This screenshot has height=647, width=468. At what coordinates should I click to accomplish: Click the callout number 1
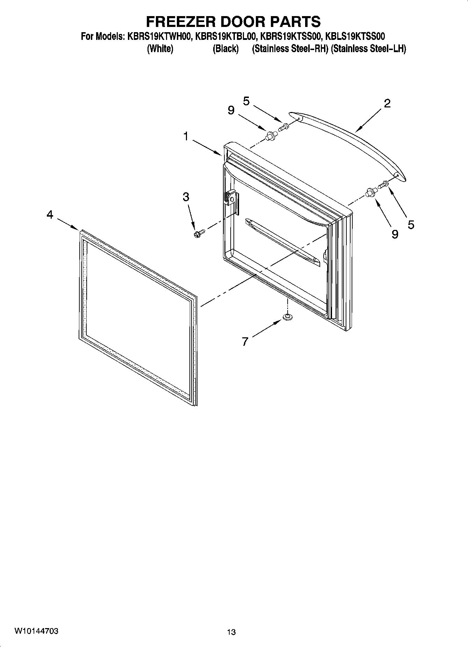pos(186,136)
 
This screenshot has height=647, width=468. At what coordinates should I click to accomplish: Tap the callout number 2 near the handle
pos(387,104)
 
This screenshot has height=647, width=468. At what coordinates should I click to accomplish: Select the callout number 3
pos(186,197)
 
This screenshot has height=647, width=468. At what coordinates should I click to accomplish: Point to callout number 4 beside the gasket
pos(50,215)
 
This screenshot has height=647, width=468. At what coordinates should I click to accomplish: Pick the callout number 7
pos(245,341)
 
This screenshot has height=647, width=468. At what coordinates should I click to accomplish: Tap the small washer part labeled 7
pos(287,317)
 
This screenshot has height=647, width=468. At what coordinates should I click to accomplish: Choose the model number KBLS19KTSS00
pos(355,36)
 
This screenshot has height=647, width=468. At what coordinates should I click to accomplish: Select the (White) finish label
pos(160,49)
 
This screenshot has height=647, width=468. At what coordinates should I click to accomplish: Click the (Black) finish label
pos(225,49)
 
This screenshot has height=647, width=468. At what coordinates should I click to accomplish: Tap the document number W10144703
pos(36,631)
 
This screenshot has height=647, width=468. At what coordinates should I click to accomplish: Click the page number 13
pos(231,632)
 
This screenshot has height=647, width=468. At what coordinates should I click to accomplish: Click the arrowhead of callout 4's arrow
pos(78,229)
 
